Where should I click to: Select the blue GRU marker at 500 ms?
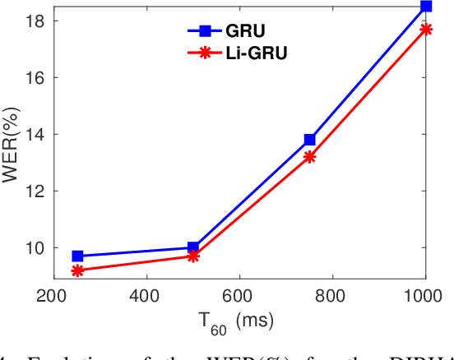pos(193,247)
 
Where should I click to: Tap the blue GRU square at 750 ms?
pos(309,140)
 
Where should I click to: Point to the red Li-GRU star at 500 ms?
pos(193,256)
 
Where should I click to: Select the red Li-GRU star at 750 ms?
pos(309,157)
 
